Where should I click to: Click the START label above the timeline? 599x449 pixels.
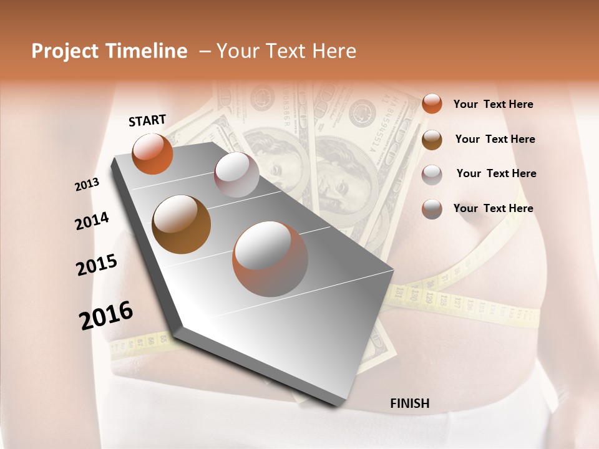(x=147, y=120)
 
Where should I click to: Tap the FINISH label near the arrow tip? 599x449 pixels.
(x=410, y=403)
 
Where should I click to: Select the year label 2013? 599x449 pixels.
(x=87, y=185)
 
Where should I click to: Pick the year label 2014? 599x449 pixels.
(x=92, y=221)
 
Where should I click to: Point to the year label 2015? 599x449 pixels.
(x=97, y=265)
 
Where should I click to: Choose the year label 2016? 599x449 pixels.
(x=106, y=316)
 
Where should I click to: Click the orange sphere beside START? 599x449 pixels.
(x=152, y=153)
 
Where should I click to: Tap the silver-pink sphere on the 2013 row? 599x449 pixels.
(x=236, y=175)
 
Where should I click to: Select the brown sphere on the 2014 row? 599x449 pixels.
(x=181, y=224)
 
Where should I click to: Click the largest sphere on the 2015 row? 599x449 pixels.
(x=270, y=259)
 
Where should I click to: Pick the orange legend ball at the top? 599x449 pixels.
(x=432, y=104)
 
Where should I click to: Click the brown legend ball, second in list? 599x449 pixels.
(x=432, y=140)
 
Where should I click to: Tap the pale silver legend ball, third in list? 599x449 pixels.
(x=432, y=174)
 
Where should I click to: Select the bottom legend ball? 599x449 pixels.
(x=432, y=209)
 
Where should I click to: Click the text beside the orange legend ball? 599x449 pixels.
(x=493, y=104)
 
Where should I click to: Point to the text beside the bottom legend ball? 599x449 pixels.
(x=493, y=208)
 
